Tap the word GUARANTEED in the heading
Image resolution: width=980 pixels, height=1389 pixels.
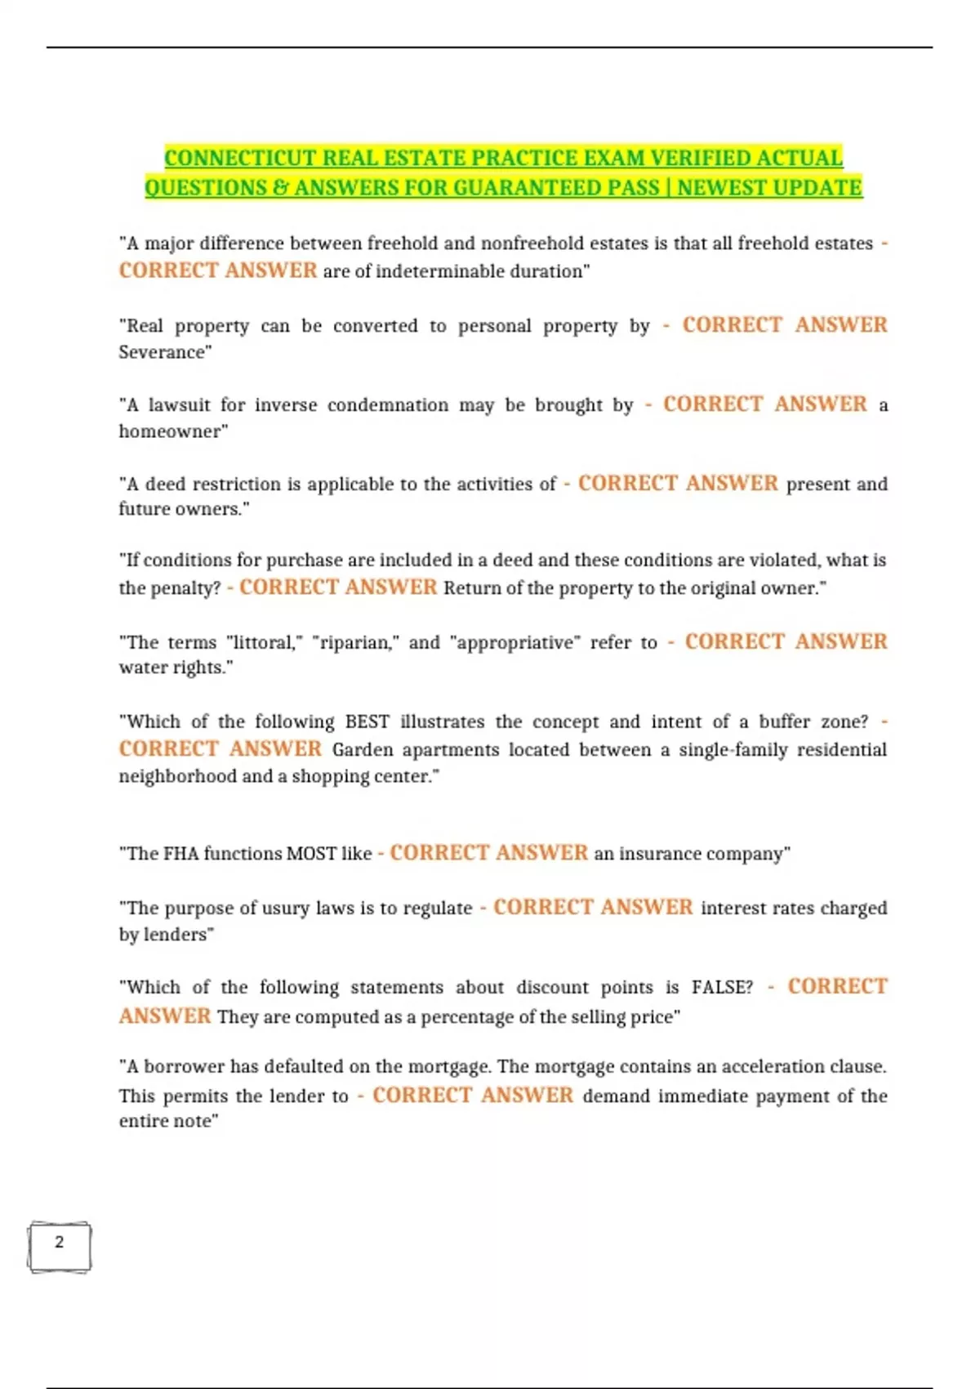(x=530, y=188)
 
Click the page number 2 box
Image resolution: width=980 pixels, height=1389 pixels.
(x=59, y=1245)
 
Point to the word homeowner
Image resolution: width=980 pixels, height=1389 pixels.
(x=172, y=431)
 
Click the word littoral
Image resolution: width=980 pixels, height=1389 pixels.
(x=260, y=642)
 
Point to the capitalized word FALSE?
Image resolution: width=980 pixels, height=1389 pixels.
(x=722, y=987)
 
